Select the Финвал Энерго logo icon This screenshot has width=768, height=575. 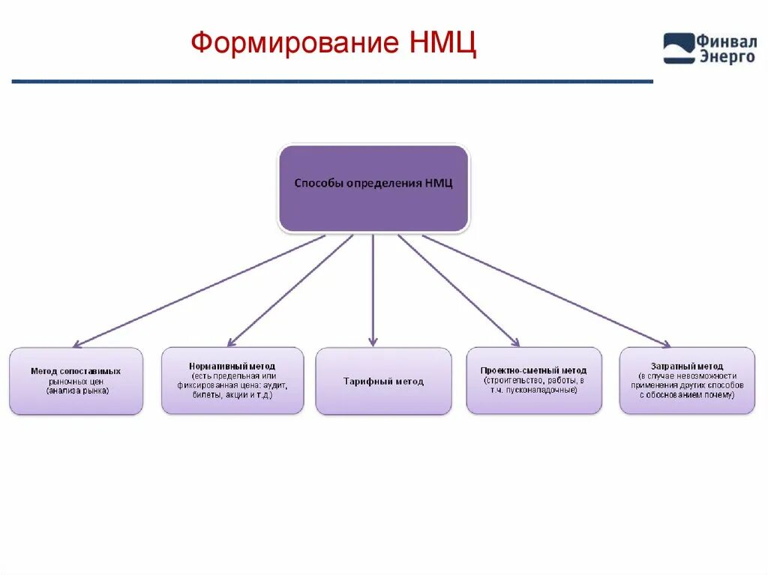click(x=679, y=48)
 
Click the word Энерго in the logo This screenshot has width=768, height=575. click(x=727, y=57)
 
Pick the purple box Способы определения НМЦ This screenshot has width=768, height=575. click(x=373, y=187)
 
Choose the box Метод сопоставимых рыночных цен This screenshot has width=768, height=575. click(x=76, y=381)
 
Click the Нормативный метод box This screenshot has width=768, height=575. click(x=232, y=380)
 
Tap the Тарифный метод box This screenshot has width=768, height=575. click(x=383, y=381)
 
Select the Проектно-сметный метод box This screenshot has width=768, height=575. click(x=533, y=380)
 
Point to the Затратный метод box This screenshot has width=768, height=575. click(x=687, y=380)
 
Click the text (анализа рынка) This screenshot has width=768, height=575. click(x=77, y=391)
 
